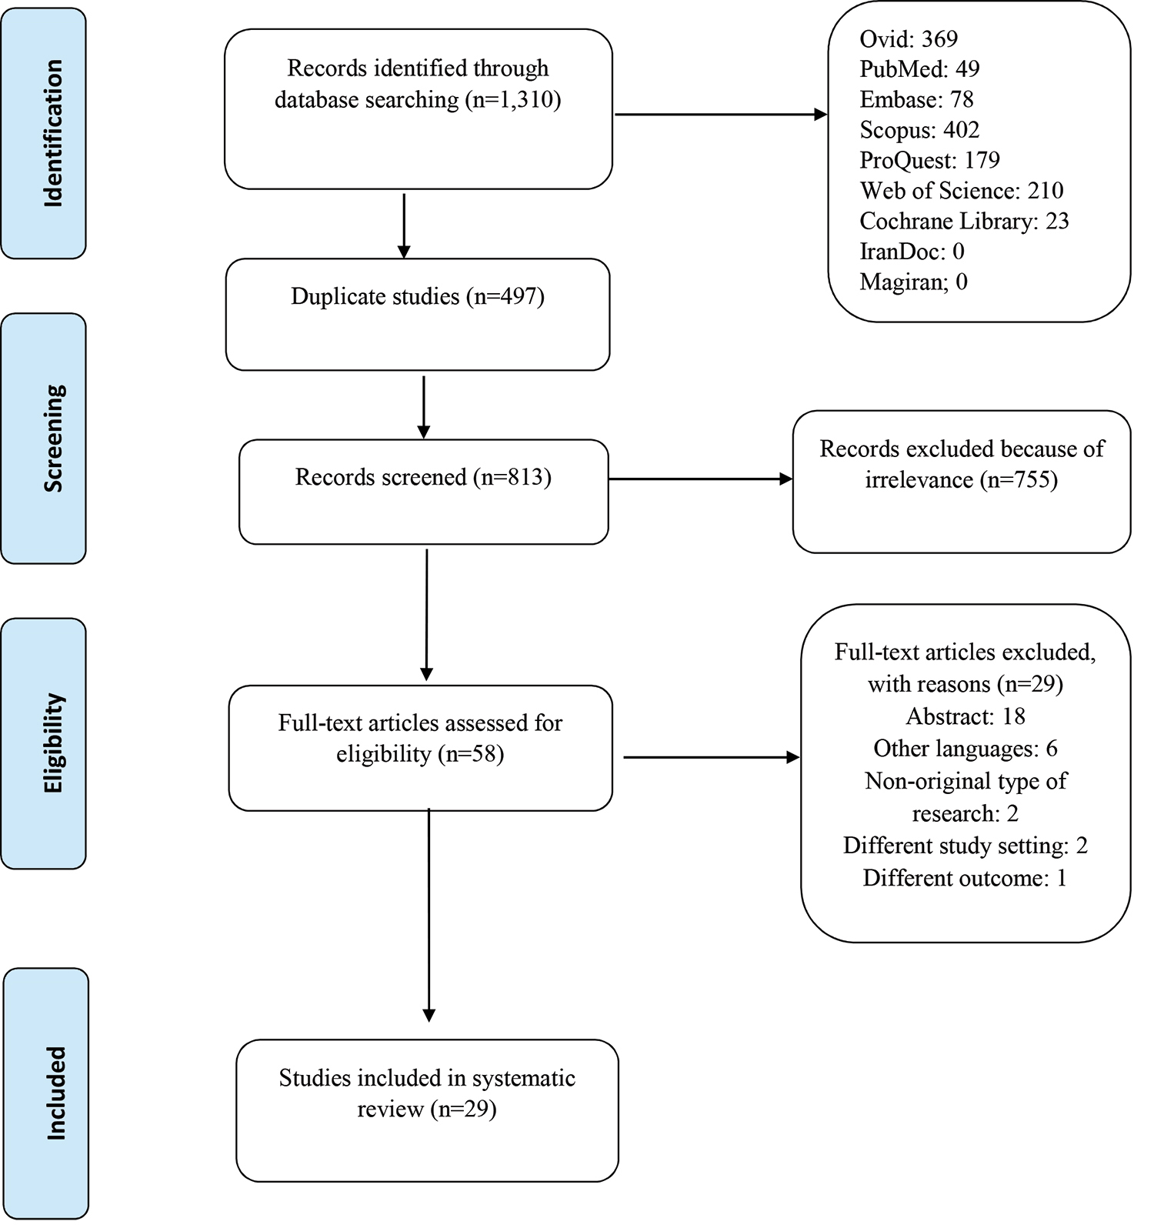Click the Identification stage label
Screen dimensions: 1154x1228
click(52, 133)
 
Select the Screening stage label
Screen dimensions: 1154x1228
click(53, 438)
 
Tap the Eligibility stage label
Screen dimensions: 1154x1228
click(53, 743)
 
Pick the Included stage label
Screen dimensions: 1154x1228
click(55, 1093)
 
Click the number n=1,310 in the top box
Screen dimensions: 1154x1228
click(513, 100)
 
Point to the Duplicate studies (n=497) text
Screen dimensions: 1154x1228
click(418, 296)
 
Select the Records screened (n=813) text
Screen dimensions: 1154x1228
click(423, 477)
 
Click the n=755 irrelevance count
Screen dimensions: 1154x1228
click(1019, 480)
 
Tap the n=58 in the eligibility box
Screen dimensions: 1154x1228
click(471, 754)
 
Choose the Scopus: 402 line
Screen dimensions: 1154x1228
click(919, 130)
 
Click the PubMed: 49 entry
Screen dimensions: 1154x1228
click(919, 69)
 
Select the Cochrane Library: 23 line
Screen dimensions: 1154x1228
click(964, 221)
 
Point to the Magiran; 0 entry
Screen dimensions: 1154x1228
click(913, 282)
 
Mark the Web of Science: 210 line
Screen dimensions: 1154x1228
click(962, 191)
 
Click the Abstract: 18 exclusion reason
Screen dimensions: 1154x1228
click(966, 716)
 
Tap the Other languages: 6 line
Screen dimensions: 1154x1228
click(966, 749)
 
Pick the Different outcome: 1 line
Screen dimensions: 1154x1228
click(965, 878)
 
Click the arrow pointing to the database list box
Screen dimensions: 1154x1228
click(722, 115)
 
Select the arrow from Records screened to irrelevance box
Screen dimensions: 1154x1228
click(700, 479)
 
